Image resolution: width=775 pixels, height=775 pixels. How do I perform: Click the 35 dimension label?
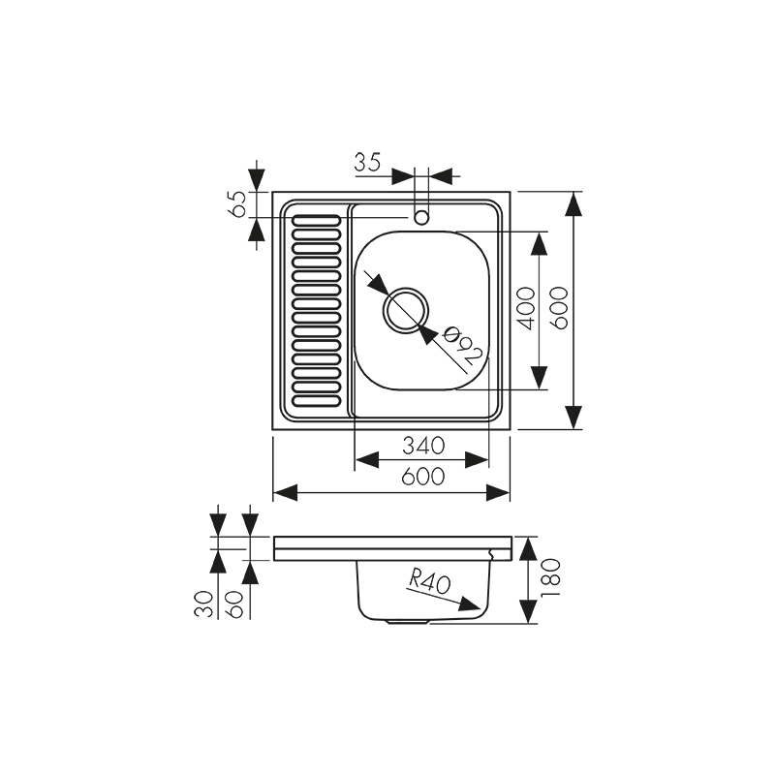coord(367,162)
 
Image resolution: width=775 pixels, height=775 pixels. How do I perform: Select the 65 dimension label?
coord(235,204)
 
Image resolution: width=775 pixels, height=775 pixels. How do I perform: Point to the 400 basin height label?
coord(525,309)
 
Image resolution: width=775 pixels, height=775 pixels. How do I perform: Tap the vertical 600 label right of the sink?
coord(560,309)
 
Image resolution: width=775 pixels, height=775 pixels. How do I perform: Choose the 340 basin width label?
coord(422,446)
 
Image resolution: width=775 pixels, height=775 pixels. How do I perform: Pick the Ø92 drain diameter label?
coord(463,348)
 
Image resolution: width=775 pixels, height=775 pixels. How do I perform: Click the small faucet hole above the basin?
coord(421,217)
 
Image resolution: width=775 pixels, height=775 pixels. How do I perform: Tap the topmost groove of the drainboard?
coord(317,220)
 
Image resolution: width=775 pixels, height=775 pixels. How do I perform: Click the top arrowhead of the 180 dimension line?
coord(528,548)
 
